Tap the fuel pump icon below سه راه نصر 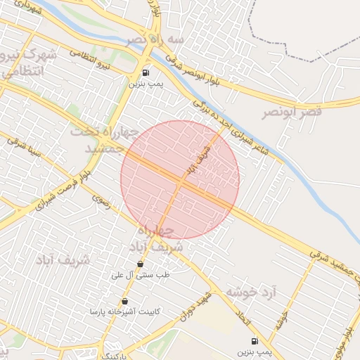click(146, 72)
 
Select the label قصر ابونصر click(292, 112)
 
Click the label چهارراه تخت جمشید click(98, 140)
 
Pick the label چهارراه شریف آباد click(155, 239)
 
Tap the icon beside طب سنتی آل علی click(141, 264)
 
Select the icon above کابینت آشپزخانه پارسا click(125, 302)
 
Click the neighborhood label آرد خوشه click(251, 291)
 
